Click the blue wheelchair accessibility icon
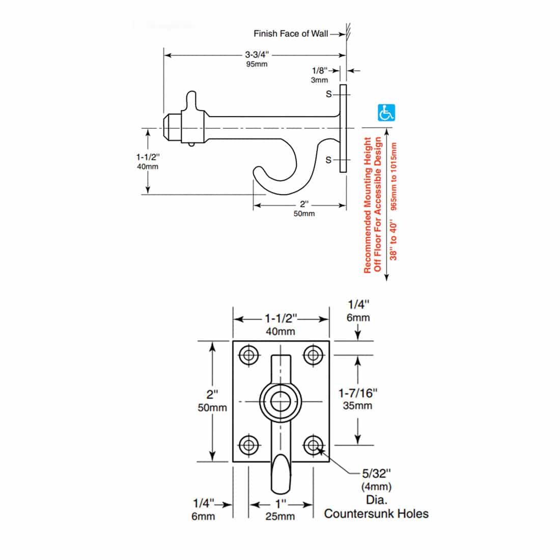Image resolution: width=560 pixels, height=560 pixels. click(386, 113)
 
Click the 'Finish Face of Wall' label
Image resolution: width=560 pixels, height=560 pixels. click(291, 34)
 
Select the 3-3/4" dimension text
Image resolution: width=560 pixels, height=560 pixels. click(257, 54)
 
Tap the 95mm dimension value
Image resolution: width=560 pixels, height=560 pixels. click(257, 64)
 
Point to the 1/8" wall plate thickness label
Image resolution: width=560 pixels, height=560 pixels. click(319, 70)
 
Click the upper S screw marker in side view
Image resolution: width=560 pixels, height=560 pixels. click(328, 94)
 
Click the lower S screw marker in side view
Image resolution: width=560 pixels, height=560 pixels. click(328, 160)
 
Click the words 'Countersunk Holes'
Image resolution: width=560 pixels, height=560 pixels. click(376, 513)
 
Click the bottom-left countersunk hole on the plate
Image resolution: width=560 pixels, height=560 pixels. click(248, 445)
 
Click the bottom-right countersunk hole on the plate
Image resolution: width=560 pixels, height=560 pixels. click(313, 445)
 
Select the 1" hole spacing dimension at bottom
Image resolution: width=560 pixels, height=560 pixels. click(280, 504)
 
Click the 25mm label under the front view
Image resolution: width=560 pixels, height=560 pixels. click(280, 516)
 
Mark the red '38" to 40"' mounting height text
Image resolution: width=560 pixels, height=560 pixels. click(394, 239)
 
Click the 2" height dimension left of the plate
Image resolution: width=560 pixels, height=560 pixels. click(212, 394)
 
